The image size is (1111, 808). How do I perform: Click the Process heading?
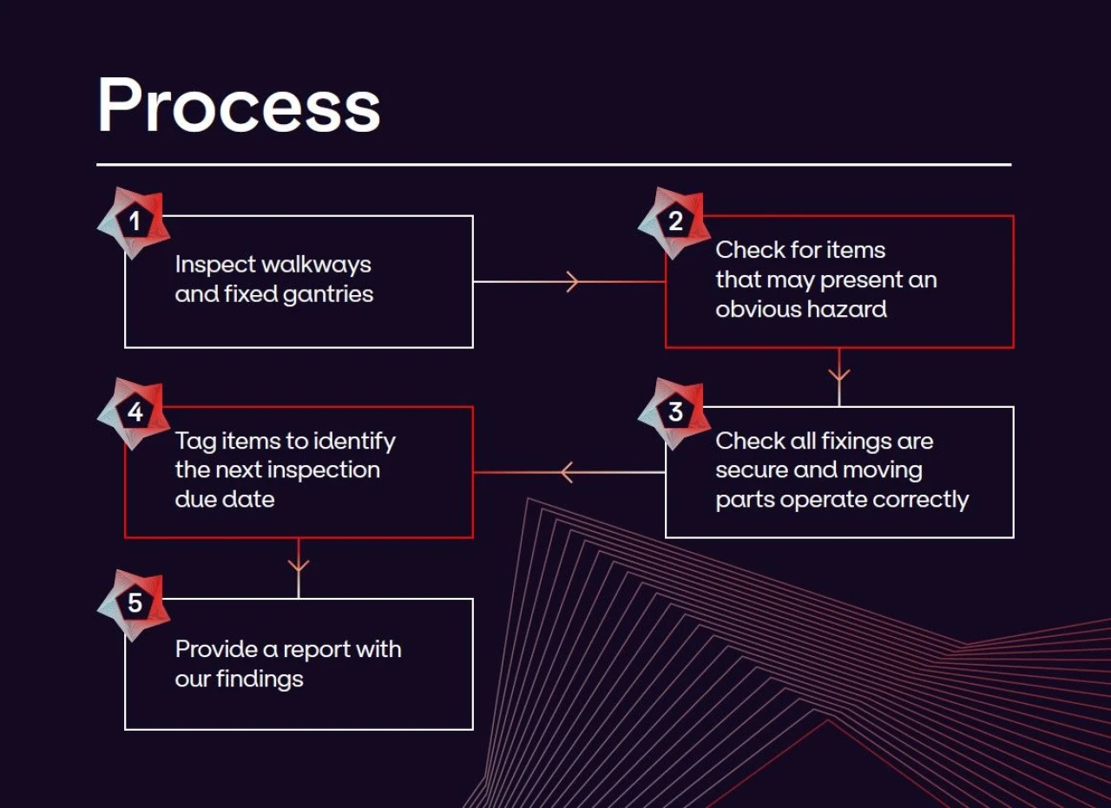(239, 106)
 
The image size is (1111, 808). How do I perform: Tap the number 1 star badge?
(134, 222)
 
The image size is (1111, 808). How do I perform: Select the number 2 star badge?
(674, 222)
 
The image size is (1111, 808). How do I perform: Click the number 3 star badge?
(674, 412)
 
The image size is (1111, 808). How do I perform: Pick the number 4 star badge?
(134, 412)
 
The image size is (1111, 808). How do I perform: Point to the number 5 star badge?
(134, 603)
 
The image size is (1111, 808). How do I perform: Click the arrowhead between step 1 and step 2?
(572, 281)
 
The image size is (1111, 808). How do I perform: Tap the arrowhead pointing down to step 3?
(838, 376)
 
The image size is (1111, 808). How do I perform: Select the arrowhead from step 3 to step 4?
(567, 472)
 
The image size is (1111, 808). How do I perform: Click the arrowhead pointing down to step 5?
(299, 566)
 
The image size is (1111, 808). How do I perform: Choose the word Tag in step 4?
(195, 442)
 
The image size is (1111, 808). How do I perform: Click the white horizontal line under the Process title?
(554, 164)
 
